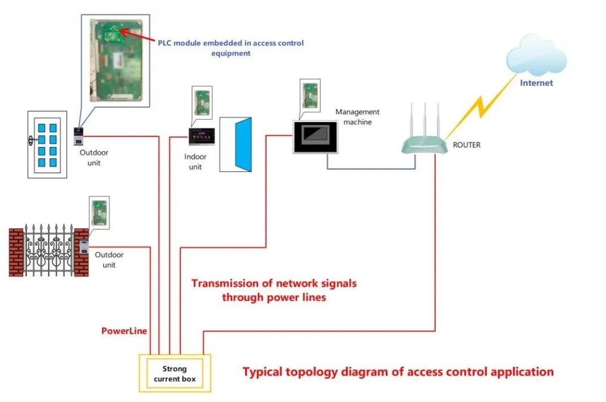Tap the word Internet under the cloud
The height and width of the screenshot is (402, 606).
coord(536,83)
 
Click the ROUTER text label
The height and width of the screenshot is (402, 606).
coord(466,145)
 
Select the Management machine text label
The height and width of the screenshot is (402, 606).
coord(357,117)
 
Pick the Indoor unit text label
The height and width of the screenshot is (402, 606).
coord(195,162)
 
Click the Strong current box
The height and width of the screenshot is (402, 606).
coord(174,373)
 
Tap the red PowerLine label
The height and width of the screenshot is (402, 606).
coord(124,330)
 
